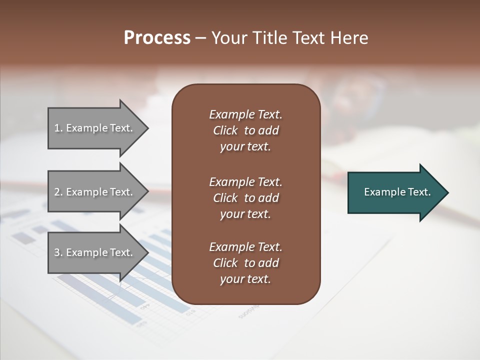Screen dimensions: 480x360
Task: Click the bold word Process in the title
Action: (x=157, y=38)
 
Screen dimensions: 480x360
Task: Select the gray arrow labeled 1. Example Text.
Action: (x=95, y=128)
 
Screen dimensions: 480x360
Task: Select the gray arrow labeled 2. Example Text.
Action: (x=95, y=192)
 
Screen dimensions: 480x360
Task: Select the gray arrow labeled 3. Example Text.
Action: (x=95, y=252)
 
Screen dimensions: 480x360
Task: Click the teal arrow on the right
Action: (x=395, y=192)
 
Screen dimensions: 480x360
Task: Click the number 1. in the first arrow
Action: (x=58, y=128)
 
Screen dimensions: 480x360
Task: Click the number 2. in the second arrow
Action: (x=58, y=192)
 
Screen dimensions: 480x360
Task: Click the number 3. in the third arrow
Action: (x=58, y=252)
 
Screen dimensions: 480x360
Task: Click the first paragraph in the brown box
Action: (x=245, y=130)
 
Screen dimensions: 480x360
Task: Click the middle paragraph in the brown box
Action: (x=245, y=198)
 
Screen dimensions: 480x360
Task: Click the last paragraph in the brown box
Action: (x=245, y=263)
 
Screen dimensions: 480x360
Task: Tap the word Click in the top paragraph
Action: (x=225, y=131)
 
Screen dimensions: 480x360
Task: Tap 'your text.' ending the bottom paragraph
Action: (x=245, y=279)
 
